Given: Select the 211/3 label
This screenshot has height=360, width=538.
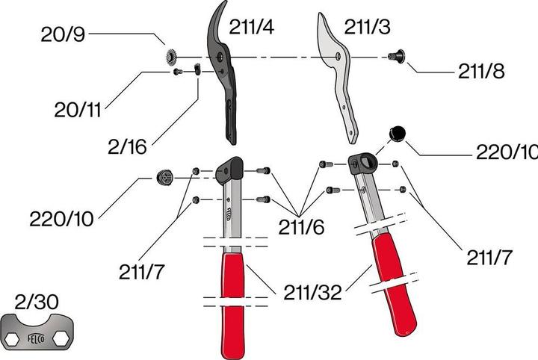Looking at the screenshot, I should click(x=367, y=28).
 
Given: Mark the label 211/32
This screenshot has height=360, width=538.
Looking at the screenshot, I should click(x=312, y=292).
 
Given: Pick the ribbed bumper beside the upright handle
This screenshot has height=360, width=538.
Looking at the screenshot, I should click(x=164, y=178).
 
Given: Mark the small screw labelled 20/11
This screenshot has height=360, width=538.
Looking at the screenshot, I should click(x=177, y=72).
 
